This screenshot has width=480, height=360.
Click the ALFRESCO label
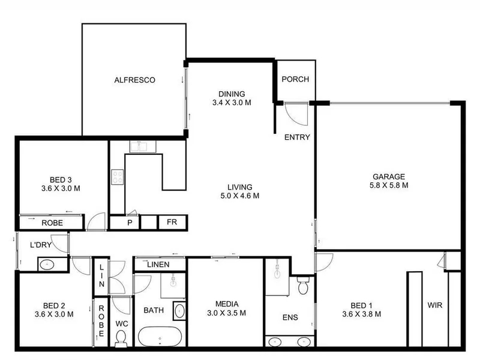134,80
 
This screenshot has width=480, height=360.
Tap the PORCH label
295,79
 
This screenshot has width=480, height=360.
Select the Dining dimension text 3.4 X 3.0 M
232,103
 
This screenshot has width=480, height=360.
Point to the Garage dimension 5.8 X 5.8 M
389,185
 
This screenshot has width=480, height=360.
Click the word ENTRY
297,137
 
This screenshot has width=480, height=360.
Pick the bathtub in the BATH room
160,337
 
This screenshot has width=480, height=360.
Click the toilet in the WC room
121,339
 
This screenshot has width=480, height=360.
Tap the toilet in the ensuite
302,286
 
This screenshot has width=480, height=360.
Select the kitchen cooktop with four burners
117,177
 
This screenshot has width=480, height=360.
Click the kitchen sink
143,146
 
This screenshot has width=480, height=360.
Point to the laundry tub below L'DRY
47,265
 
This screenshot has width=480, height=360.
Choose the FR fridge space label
172,222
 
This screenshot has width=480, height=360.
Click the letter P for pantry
130,223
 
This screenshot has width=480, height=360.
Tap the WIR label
434,305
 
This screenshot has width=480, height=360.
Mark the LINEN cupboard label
158,265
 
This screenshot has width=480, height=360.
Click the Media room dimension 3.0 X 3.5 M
227,313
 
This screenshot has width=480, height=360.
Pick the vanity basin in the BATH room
179,311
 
